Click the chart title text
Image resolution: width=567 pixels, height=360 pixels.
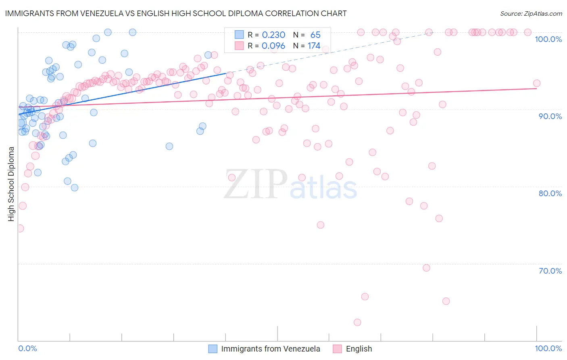[x=176, y=13]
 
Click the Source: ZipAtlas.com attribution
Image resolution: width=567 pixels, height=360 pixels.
[x=531, y=13]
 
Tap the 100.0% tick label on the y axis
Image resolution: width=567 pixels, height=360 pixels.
[x=548, y=39]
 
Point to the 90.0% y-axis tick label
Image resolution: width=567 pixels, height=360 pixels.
[x=550, y=116]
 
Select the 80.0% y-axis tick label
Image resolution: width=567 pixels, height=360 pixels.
[x=550, y=193]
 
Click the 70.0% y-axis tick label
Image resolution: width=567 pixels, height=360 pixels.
[x=550, y=271]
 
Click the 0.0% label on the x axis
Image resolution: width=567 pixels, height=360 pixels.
[x=27, y=348]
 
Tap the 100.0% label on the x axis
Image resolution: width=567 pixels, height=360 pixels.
[x=548, y=348]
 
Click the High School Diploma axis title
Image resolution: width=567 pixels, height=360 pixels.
[x=11, y=184]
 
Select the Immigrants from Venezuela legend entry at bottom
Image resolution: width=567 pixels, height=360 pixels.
[x=270, y=349]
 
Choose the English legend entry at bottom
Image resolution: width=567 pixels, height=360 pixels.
[x=359, y=349]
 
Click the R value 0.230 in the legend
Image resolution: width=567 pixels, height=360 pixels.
[x=273, y=35]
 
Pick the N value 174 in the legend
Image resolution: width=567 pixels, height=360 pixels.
[x=314, y=46]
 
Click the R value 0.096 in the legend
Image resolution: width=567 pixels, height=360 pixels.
[x=273, y=46]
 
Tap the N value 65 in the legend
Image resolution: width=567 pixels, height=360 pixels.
[x=315, y=35]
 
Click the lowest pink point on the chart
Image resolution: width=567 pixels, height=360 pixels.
[x=357, y=322]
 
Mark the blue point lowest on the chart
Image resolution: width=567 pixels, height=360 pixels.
[x=75, y=188]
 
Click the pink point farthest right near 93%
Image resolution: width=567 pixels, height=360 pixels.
[x=537, y=84]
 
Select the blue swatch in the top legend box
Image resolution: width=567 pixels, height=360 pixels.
[x=240, y=35]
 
